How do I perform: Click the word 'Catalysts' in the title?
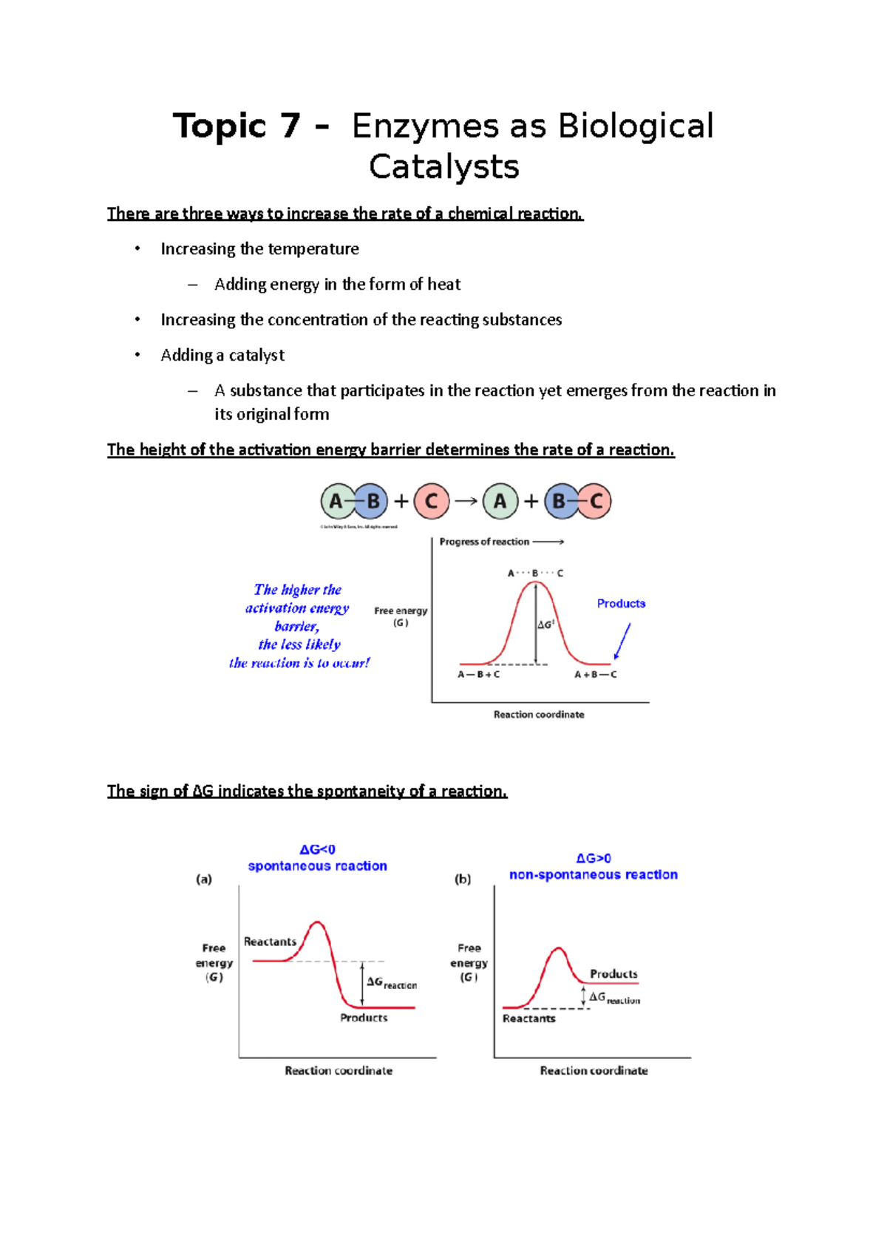(443, 167)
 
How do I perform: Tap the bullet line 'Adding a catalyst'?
(222, 356)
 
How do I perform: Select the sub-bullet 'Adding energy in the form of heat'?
(337, 285)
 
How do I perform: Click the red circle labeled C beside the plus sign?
(432, 502)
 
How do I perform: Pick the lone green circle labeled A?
(500, 502)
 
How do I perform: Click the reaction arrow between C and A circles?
(466, 501)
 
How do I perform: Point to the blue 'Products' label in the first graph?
(621, 604)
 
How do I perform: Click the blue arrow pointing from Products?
(622, 641)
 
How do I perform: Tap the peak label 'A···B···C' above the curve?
(535, 574)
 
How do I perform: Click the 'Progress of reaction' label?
(484, 542)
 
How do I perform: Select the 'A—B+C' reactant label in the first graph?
(478, 675)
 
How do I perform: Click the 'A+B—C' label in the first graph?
(595, 675)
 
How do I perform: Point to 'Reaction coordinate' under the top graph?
(539, 715)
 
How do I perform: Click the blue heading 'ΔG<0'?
(317, 850)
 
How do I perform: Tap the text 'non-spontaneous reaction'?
(593, 875)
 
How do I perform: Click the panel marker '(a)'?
(204, 880)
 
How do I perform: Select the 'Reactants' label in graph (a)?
(270, 942)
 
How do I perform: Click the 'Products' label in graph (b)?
(614, 974)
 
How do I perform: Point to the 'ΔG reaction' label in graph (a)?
(391, 983)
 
